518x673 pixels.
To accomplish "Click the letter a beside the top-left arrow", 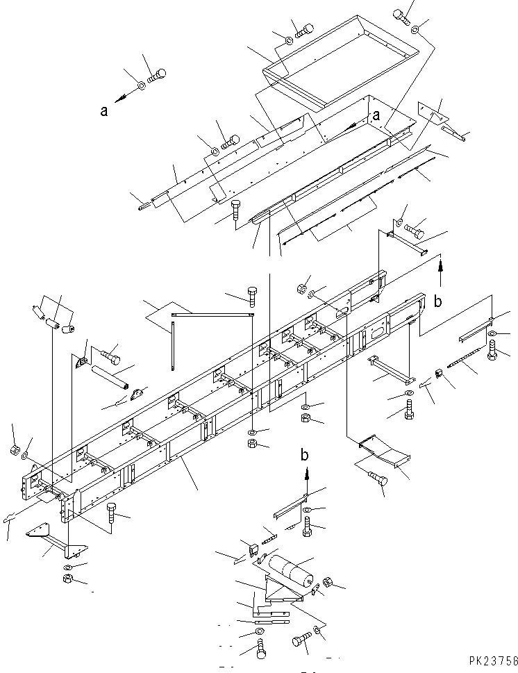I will (103, 110).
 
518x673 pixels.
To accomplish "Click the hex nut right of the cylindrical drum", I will (328, 582).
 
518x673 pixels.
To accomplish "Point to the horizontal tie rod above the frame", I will (212, 315).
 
